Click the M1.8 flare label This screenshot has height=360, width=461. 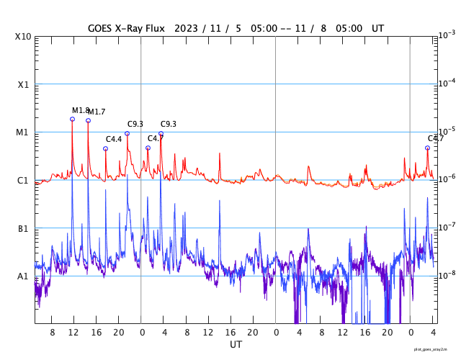coord(81,110)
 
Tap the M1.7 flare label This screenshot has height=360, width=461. coord(97,112)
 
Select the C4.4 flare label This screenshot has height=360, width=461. coord(115,139)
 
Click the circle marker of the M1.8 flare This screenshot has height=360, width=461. coord(72,119)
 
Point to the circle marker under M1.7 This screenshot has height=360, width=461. coord(88,120)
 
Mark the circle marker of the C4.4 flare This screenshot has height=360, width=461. coord(105,148)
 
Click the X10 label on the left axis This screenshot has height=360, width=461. coord(23,37)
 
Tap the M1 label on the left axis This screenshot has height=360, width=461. coord(23,132)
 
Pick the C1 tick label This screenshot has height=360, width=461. coord(23,180)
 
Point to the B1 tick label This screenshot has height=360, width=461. coord(23,228)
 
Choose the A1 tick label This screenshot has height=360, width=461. coord(23,276)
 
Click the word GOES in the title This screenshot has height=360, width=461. coord(102,28)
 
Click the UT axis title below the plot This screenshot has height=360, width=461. coord(236,344)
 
